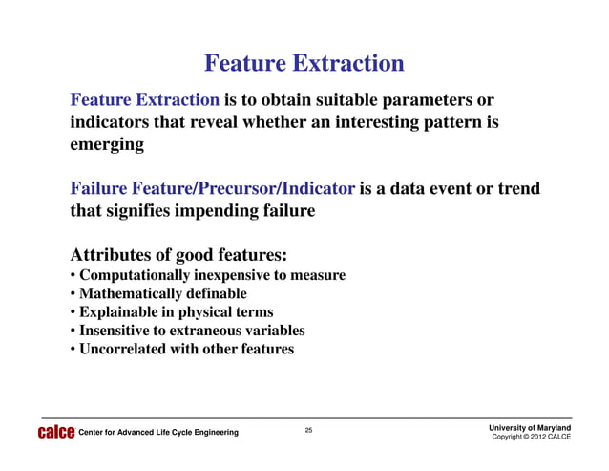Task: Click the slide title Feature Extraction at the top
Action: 304,64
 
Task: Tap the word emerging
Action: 107,146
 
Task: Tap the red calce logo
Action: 54,433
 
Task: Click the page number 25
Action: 308,431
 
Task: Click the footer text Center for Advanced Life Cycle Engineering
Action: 157,433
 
